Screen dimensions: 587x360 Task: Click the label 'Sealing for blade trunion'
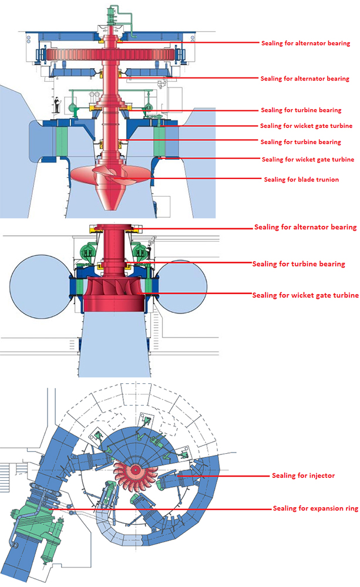301,179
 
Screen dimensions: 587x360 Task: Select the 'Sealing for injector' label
303,475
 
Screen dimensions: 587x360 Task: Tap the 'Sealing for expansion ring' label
315,508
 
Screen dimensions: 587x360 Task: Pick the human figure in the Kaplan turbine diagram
56,104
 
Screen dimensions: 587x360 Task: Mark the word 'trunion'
326,179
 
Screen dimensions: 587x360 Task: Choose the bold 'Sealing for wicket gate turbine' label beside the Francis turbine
305,295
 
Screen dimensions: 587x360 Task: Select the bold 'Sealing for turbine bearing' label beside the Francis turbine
298,264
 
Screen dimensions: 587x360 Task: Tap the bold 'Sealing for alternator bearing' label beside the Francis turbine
305,227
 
